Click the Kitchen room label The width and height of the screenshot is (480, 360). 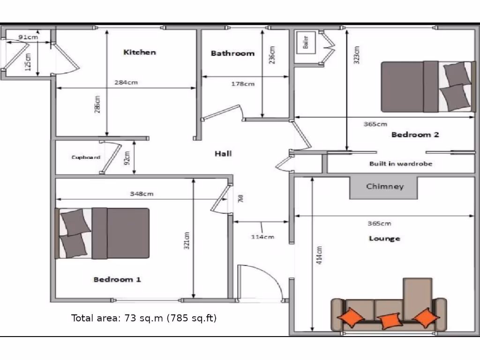(139, 52)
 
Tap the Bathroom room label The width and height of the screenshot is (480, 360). (232, 53)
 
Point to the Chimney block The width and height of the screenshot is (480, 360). (384, 187)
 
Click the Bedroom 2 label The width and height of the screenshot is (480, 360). (415, 135)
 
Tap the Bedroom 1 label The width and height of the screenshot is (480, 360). (117, 280)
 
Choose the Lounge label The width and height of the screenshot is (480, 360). (384, 239)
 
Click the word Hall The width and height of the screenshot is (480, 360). (223, 153)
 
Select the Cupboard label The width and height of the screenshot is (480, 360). (86, 157)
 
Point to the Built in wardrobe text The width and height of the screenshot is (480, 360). (401, 164)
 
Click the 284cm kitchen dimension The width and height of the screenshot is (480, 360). (126, 82)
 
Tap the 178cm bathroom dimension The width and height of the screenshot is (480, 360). (243, 84)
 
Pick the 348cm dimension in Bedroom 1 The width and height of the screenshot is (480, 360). (142, 194)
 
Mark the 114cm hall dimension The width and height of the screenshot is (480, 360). (262, 237)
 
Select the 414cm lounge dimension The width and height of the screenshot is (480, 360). (320, 255)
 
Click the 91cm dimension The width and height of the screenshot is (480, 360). (28, 37)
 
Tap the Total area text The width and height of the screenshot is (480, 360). (144, 318)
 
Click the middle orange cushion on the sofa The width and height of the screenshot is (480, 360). (390, 321)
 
